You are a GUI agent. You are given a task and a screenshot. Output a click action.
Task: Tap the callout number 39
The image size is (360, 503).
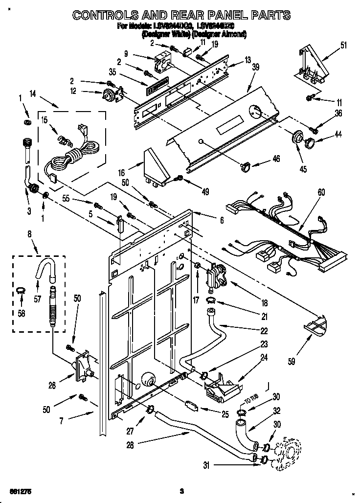(256, 68)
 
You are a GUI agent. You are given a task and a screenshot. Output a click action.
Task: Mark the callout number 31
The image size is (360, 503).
(207, 464)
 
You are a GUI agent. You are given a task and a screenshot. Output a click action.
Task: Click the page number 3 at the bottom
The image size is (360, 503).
(181, 491)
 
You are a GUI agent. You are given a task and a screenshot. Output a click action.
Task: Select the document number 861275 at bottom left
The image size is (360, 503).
(18, 491)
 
